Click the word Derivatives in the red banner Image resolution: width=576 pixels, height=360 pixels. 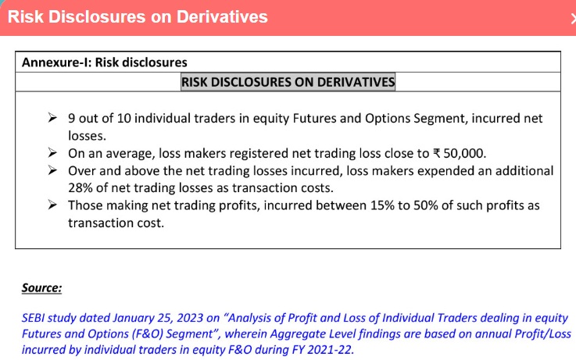tap(222, 17)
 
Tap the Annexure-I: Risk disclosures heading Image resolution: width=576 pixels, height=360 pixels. tap(105, 62)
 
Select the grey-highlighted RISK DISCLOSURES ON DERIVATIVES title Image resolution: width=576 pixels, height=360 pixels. tap(288, 82)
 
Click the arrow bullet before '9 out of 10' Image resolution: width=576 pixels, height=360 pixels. tap(52, 118)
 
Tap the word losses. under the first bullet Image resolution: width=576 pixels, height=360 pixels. tap(87, 136)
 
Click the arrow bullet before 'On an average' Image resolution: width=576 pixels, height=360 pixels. tap(52, 152)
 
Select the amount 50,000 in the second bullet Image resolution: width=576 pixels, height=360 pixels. tap(465, 153)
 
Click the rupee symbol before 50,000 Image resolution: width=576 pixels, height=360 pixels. tap(437, 153)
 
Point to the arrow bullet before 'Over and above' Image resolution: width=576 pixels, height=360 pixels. tap(52, 170)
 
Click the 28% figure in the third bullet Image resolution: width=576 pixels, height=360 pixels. tap(80, 187)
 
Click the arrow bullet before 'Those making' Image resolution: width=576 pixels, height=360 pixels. tap(52, 205)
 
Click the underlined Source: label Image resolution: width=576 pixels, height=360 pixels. tap(41, 287)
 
